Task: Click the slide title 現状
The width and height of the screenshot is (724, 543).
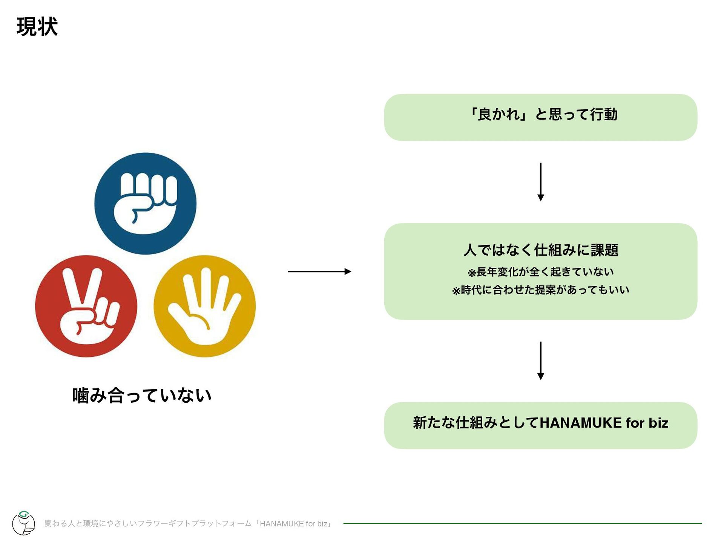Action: click(x=37, y=27)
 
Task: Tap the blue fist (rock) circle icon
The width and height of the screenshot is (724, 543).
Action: click(x=145, y=203)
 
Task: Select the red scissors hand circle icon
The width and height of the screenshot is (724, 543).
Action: click(x=86, y=306)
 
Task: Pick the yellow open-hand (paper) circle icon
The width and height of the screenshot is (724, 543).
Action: click(x=205, y=306)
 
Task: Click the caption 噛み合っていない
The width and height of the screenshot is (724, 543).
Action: click(x=141, y=396)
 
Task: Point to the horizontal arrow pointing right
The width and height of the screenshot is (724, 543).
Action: click(x=319, y=271)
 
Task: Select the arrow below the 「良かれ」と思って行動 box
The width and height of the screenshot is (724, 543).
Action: click(x=540, y=182)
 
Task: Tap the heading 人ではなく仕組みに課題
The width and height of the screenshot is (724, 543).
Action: click(x=540, y=250)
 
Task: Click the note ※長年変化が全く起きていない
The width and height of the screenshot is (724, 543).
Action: click(x=540, y=271)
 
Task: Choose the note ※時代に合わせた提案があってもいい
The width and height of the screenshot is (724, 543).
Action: click(x=540, y=290)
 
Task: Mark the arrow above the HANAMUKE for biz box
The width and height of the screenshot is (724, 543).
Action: click(x=540, y=360)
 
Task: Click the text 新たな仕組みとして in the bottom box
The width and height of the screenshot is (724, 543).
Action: click(x=476, y=423)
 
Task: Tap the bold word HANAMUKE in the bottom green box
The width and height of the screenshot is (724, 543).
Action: click(x=580, y=423)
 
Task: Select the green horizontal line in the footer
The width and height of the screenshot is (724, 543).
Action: click(x=522, y=523)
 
